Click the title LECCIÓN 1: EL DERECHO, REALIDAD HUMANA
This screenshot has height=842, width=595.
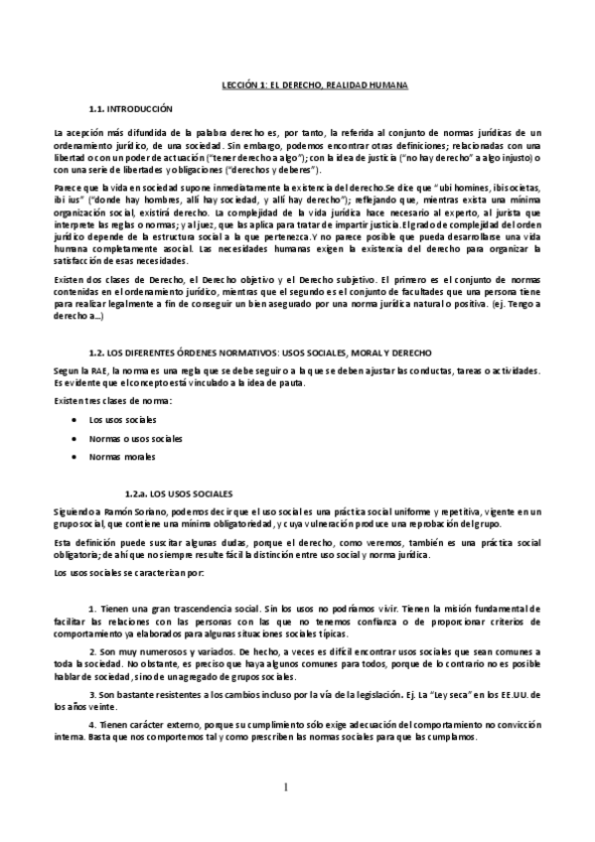click(x=313, y=85)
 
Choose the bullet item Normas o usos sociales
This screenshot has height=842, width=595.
click(x=135, y=438)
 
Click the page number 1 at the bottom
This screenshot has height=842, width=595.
click(x=286, y=788)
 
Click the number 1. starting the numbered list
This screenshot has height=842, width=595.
click(x=91, y=607)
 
